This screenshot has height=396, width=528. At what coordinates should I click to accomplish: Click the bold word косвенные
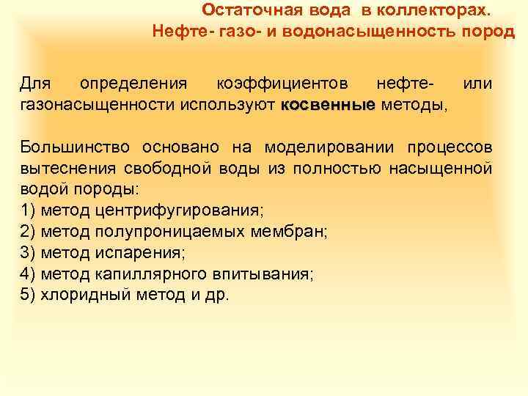click(327, 106)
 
